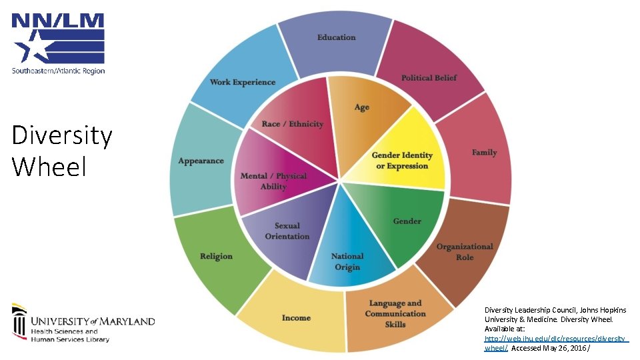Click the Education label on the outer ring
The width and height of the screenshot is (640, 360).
[x=336, y=37]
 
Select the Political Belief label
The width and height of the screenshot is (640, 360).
[x=429, y=78]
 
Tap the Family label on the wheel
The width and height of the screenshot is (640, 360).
[x=484, y=153]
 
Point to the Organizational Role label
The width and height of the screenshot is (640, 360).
[x=465, y=252]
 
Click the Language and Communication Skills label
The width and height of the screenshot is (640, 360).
[x=395, y=313]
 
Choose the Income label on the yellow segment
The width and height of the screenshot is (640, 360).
[x=296, y=318]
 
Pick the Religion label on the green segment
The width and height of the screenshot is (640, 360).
[x=216, y=257]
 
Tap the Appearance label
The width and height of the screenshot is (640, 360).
[x=201, y=161]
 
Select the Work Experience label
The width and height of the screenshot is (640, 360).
[x=242, y=83]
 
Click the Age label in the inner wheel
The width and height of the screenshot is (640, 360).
[x=361, y=107]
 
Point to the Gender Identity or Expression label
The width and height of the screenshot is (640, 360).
[x=402, y=161]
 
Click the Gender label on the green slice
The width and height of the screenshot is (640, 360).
[x=407, y=221]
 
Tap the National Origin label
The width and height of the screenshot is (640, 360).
[x=347, y=261]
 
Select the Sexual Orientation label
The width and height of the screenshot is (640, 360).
[x=287, y=231]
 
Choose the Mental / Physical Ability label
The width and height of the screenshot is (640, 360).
[x=273, y=181]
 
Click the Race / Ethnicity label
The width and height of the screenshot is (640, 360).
[x=292, y=124]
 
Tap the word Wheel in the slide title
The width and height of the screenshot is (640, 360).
[x=49, y=166]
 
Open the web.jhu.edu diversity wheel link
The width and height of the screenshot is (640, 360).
[x=555, y=339]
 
